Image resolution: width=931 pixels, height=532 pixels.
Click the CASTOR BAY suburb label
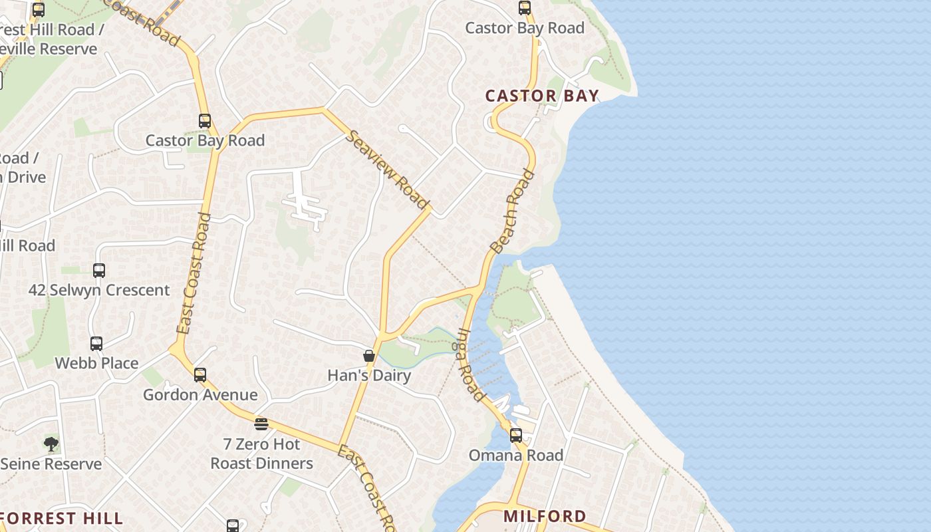(x=542, y=96)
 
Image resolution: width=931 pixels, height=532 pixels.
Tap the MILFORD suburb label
(x=545, y=516)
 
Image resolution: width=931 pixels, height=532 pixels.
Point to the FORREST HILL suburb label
(x=61, y=518)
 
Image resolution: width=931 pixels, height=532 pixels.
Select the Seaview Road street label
(x=386, y=169)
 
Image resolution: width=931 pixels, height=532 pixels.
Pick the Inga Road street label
(x=470, y=365)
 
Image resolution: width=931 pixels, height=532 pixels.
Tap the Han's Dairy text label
(x=369, y=375)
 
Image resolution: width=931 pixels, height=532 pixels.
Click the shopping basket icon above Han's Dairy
(x=369, y=356)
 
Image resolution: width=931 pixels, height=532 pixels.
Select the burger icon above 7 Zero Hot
(x=261, y=424)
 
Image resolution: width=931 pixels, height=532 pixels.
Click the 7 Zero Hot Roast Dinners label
(x=261, y=454)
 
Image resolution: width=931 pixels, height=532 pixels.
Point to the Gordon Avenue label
(x=200, y=395)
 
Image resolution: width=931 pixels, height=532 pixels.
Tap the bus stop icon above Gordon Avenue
(x=200, y=375)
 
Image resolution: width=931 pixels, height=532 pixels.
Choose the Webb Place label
(x=96, y=363)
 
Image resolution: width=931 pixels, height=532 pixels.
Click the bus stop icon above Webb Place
(x=96, y=344)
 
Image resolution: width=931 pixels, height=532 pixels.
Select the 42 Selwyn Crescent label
(x=99, y=290)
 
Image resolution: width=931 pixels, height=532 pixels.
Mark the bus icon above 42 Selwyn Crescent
(x=99, y=271)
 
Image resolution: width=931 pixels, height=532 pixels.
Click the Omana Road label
(x=516, y=456)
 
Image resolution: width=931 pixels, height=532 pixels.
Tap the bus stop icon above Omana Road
(x=516, y=436)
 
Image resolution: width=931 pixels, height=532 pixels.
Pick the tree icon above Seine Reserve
(x=51, y=444)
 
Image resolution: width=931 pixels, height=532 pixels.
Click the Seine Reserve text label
(x=51, y=464)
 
